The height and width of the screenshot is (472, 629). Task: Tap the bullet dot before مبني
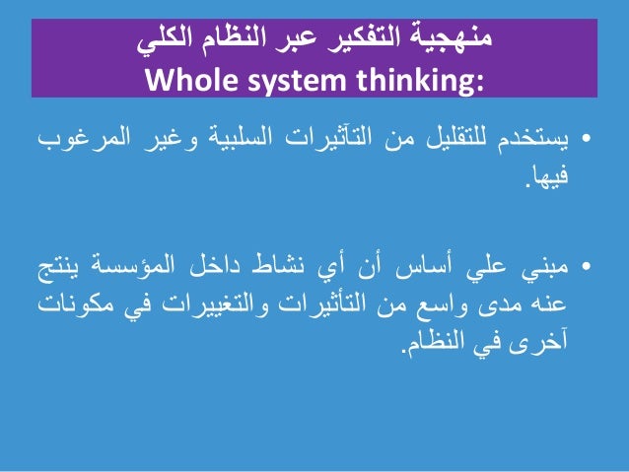pyautogui.click(x=588, y=268)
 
